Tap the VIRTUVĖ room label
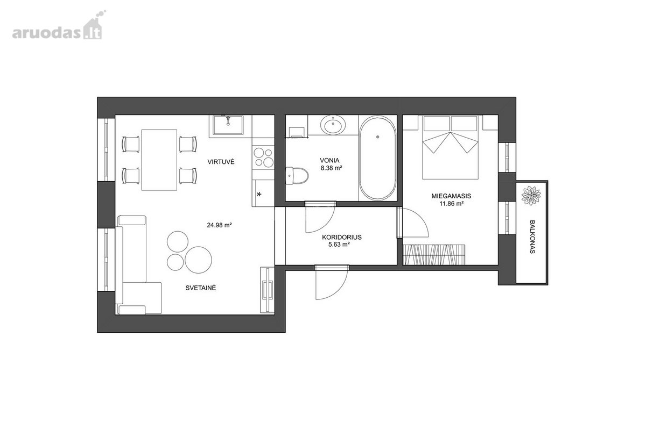[221, 162]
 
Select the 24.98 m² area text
[220, 225]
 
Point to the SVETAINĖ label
[201, 288]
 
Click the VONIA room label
[329, 160]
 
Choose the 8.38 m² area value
[332, 168]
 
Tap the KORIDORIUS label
[342, 238]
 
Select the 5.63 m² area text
[339, 245]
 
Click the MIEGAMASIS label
[451, 196]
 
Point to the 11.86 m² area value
[452, 204]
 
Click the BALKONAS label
[532, 236]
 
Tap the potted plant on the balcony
[531, 196]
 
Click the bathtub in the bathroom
[377, 158]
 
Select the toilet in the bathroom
[297, 175]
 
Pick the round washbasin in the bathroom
[333, 125]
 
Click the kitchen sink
[228, 125]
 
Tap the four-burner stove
[263, 157]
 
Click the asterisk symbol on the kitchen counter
[259, 195]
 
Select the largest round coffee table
[199, 260]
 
